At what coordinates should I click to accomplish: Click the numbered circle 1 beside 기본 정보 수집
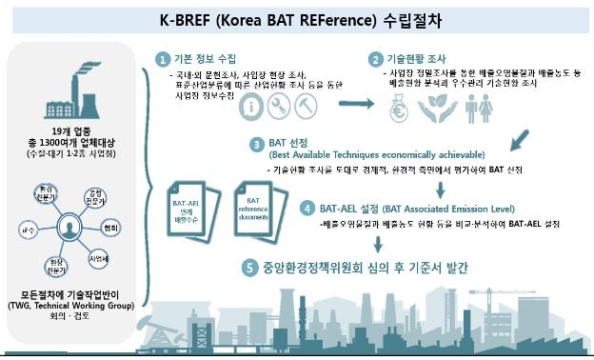[x=163, y=58]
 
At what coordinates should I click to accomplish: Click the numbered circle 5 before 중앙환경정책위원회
[x=249, y=268]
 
